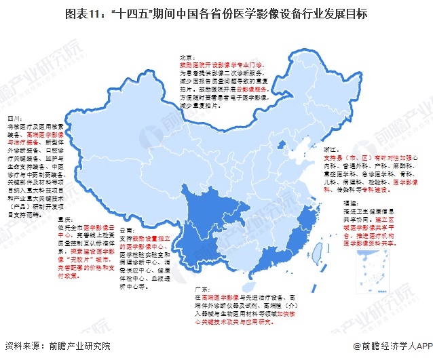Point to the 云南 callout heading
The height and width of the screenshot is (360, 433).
pyautogui.click(x=128, y=230)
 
